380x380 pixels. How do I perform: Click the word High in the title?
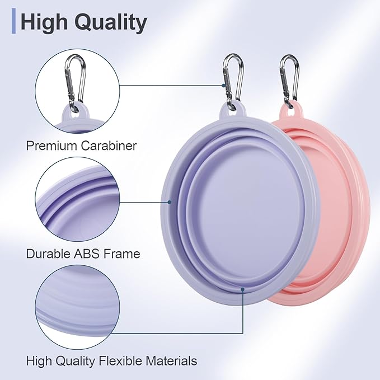point(44,22)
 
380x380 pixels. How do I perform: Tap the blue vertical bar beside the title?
point(13,21)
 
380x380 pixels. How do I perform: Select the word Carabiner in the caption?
point(109,146)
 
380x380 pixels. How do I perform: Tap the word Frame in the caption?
point(122,254)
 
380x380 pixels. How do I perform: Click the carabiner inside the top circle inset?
point(75,83)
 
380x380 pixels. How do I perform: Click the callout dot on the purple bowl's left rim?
point(170,202)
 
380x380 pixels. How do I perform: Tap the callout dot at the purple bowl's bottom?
point(242,289)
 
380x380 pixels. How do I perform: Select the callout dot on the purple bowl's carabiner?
point(223,85)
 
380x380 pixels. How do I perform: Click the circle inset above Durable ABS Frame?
point(77,199)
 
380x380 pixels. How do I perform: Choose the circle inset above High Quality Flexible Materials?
point(77,307)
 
